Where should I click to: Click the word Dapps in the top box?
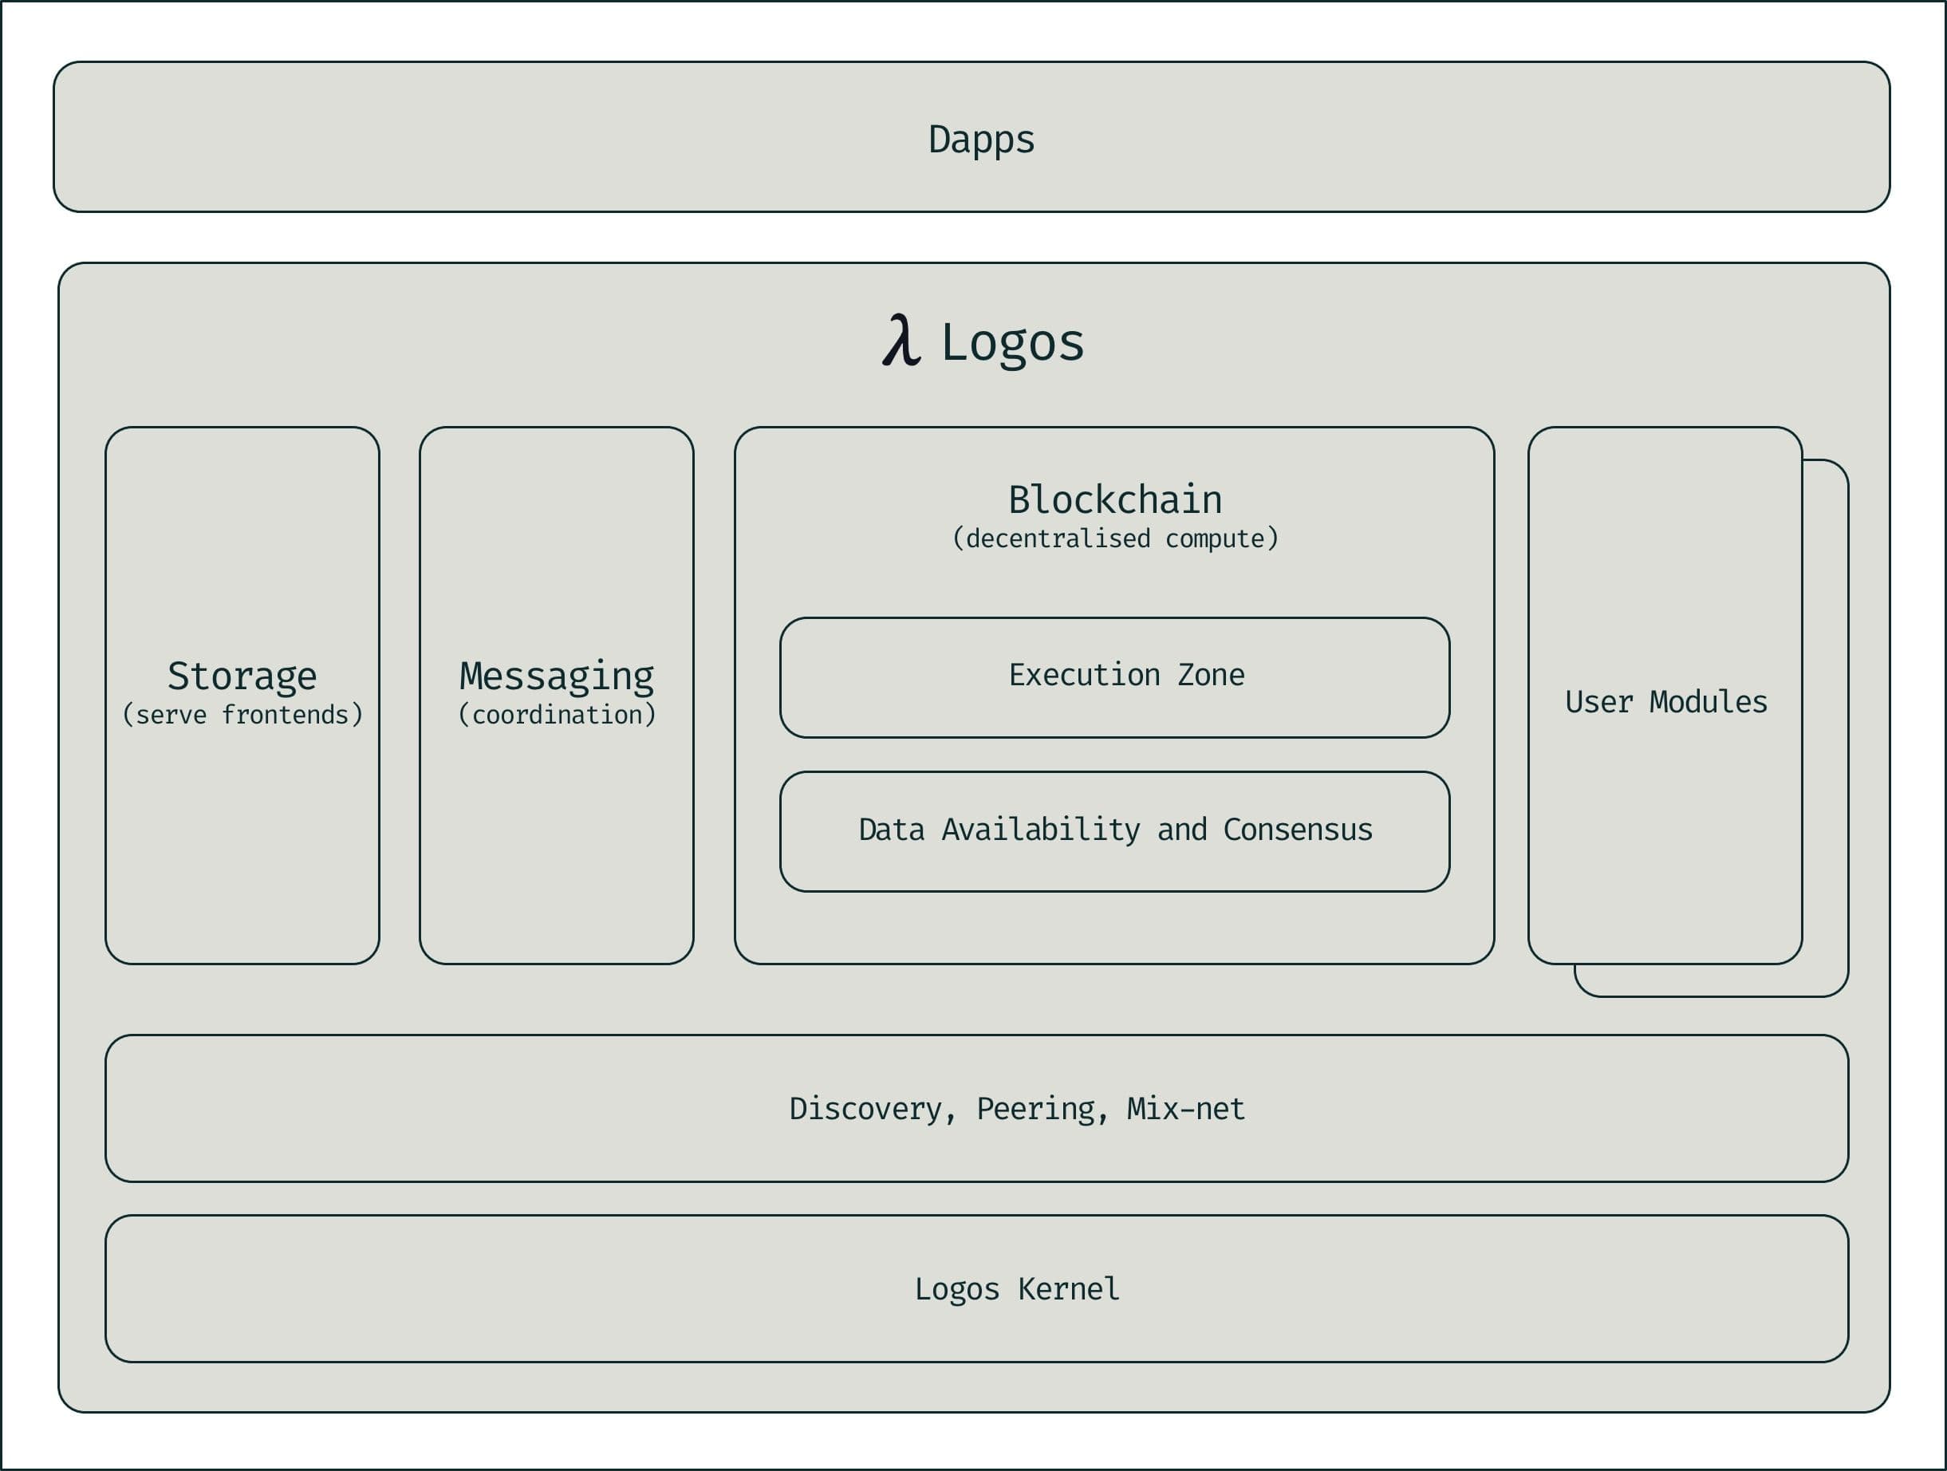pyautogui.click(x=981, y=139)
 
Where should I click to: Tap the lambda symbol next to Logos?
pyautogui.click(x=901, y=341)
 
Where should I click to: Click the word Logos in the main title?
pyautogui.click(x=1012, y=342)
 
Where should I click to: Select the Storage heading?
pyautogui.click(x=242, y=676)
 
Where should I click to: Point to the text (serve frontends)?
pyautogui.click(x=242, y=715)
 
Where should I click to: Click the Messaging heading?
pyautogui.click(x=556, y=676)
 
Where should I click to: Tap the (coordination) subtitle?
pyautogui.click(x=556, y=715)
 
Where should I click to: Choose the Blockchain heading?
pyautogui.click(x=1114, y=500)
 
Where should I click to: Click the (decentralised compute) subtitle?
pyautogui.click(x=1114, y=538)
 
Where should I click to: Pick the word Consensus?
pyautogui.click(x=1298, y=830)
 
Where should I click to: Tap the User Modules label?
pyautogui.click(x=1665, y=703)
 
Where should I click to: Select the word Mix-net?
pyautogui.click(x=1185, y=1109)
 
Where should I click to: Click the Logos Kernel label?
pyautogui.click(x=1017, y=1290)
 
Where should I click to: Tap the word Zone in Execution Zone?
pyautogui.click(x=1211, y=675)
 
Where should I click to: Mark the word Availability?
pyautogui.click(x=1040, y=830)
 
